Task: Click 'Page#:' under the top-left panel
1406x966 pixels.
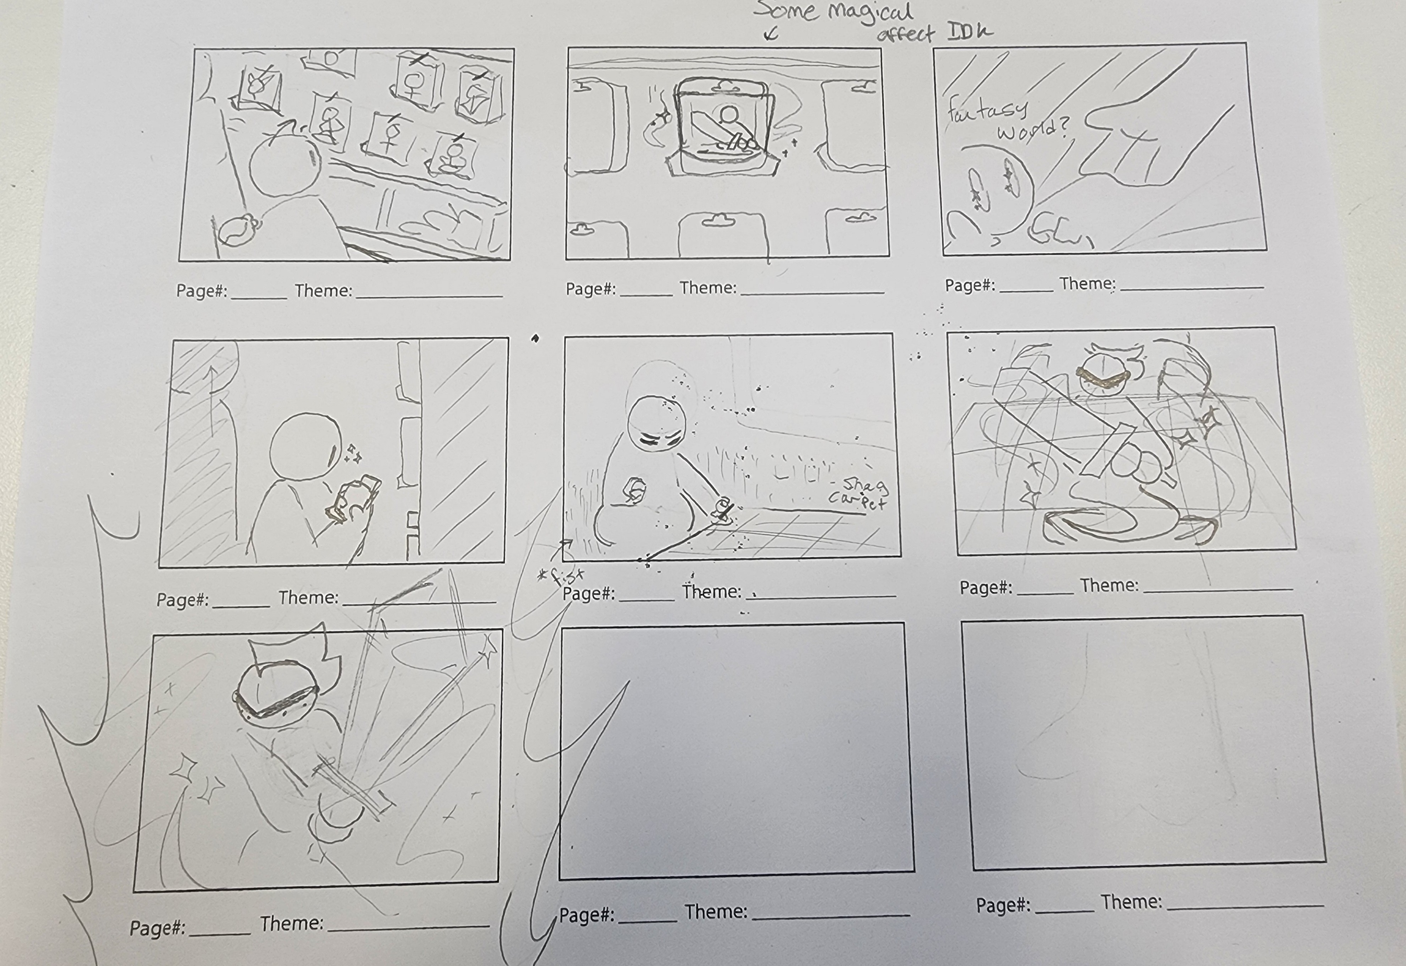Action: pyautogui.click(x=201, y=291)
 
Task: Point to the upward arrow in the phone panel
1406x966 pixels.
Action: pyautogui.click(x=212, y=399)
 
